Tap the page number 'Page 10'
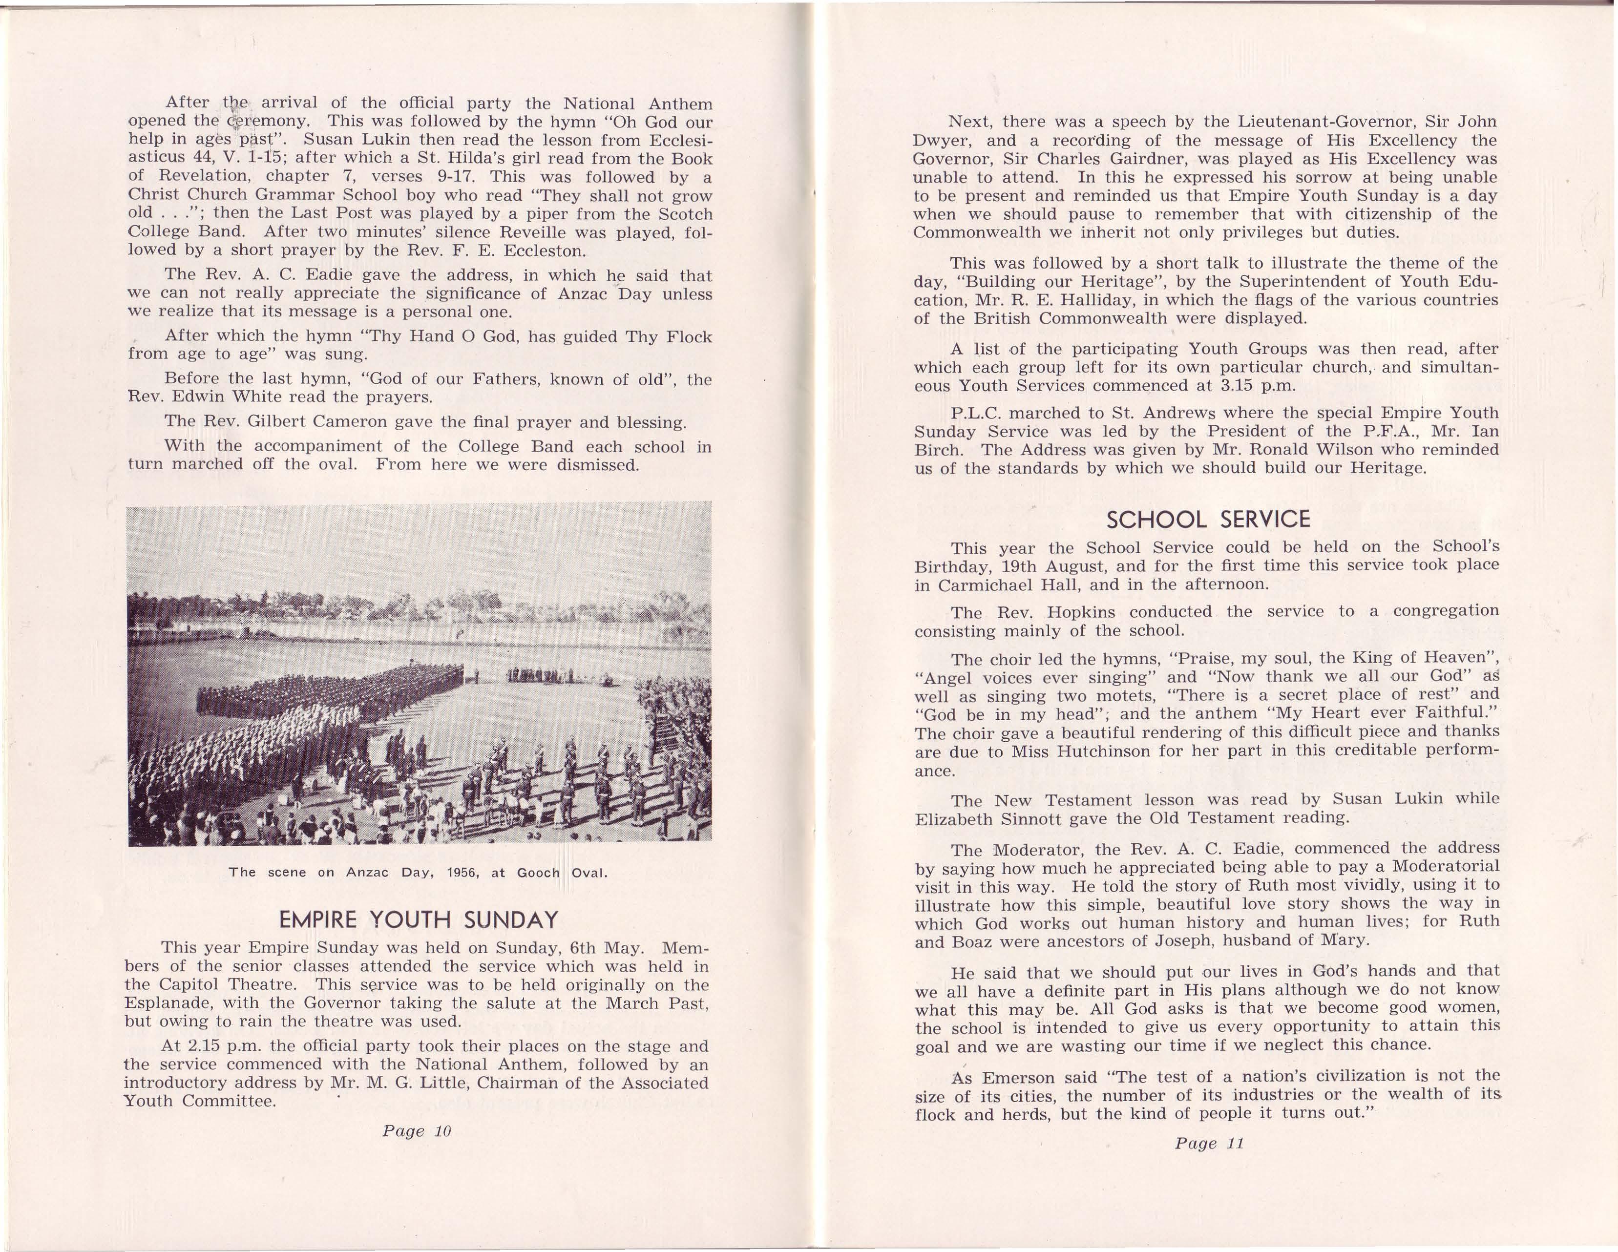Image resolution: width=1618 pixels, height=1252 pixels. point(417,1131)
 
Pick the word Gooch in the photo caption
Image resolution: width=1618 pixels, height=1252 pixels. point(538,873)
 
